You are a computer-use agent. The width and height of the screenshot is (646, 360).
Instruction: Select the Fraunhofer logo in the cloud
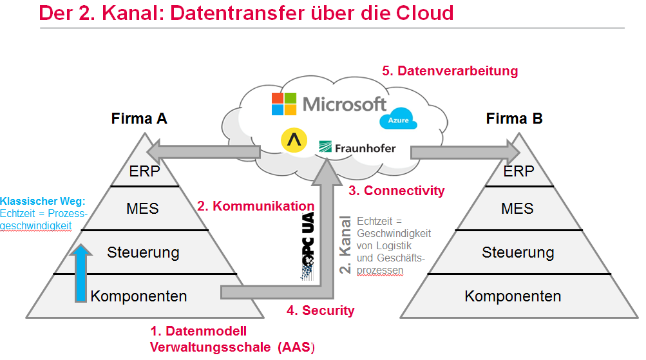pos(357,147)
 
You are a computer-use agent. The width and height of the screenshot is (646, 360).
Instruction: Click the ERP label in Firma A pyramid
pos(144,171)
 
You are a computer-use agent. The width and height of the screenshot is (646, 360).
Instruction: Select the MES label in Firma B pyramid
pos(518,208)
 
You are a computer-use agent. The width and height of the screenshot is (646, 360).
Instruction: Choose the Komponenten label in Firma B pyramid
pos(513,296)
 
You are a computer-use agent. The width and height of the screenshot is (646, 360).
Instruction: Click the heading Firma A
pos(139,118)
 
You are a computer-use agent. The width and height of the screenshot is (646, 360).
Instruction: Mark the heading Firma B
pos(514,118)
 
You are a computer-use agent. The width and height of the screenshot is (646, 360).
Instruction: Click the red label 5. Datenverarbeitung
pos(450,71)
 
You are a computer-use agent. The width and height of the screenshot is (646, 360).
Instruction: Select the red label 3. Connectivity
pos(396,191)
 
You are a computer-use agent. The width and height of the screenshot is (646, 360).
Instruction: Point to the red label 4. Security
pos(320,310)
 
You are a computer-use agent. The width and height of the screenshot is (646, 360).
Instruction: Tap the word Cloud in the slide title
pos(418,13)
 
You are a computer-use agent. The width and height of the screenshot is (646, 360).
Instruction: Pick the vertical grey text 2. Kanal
pos(346,245)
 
